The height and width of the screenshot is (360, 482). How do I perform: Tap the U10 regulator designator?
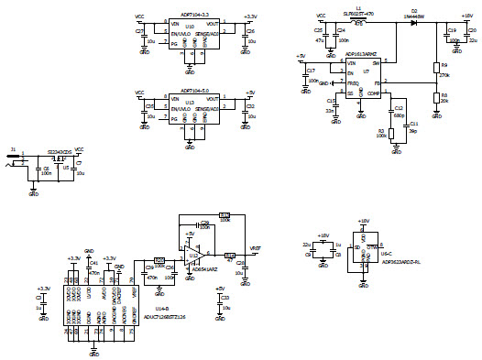189,27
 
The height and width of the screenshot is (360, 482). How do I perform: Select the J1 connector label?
12,147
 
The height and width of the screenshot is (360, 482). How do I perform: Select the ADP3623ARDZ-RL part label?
400,262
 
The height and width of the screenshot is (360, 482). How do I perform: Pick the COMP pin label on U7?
373,93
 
